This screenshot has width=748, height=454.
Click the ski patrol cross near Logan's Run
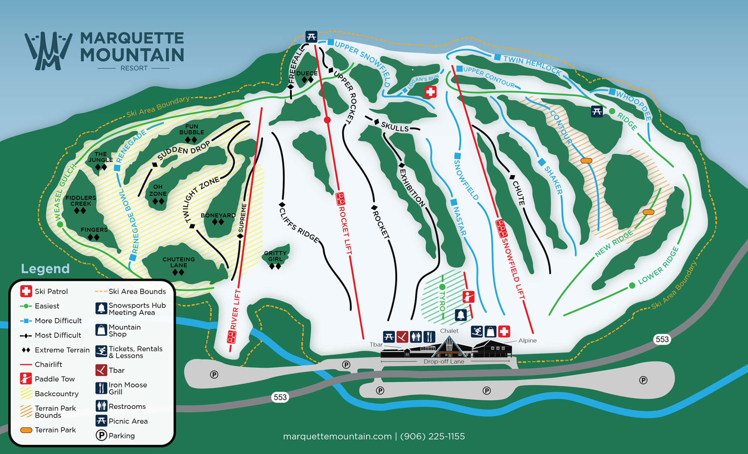click(430, 92)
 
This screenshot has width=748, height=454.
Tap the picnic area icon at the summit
click(311, 37)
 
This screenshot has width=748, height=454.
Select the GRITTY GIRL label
click(275, 256)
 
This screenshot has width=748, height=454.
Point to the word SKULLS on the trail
click(395, 127)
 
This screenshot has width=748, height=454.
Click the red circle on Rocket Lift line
click(327, 120)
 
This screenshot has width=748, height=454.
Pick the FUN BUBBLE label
click(191, 129)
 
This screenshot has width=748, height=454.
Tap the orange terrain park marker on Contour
click(586, 161)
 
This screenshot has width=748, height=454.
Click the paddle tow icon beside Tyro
click(468, 296)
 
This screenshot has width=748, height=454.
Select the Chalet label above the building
click(449, 331)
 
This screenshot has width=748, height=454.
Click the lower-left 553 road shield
click(280, 397)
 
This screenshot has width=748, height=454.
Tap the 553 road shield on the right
click(662, 339)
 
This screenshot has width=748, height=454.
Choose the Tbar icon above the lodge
click(402, 337)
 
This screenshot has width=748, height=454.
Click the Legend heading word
click(45, 269)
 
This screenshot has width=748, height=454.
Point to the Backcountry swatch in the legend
click(26, 393)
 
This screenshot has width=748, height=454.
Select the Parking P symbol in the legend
click(101, 436)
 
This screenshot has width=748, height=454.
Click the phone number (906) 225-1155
click(432, 436)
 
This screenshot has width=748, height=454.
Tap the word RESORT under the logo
click(134, 68)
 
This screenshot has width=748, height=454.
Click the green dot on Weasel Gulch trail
click(60, 225)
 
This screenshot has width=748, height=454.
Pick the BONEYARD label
click(218, 215)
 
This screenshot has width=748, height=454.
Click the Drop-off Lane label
click(444, 362)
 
